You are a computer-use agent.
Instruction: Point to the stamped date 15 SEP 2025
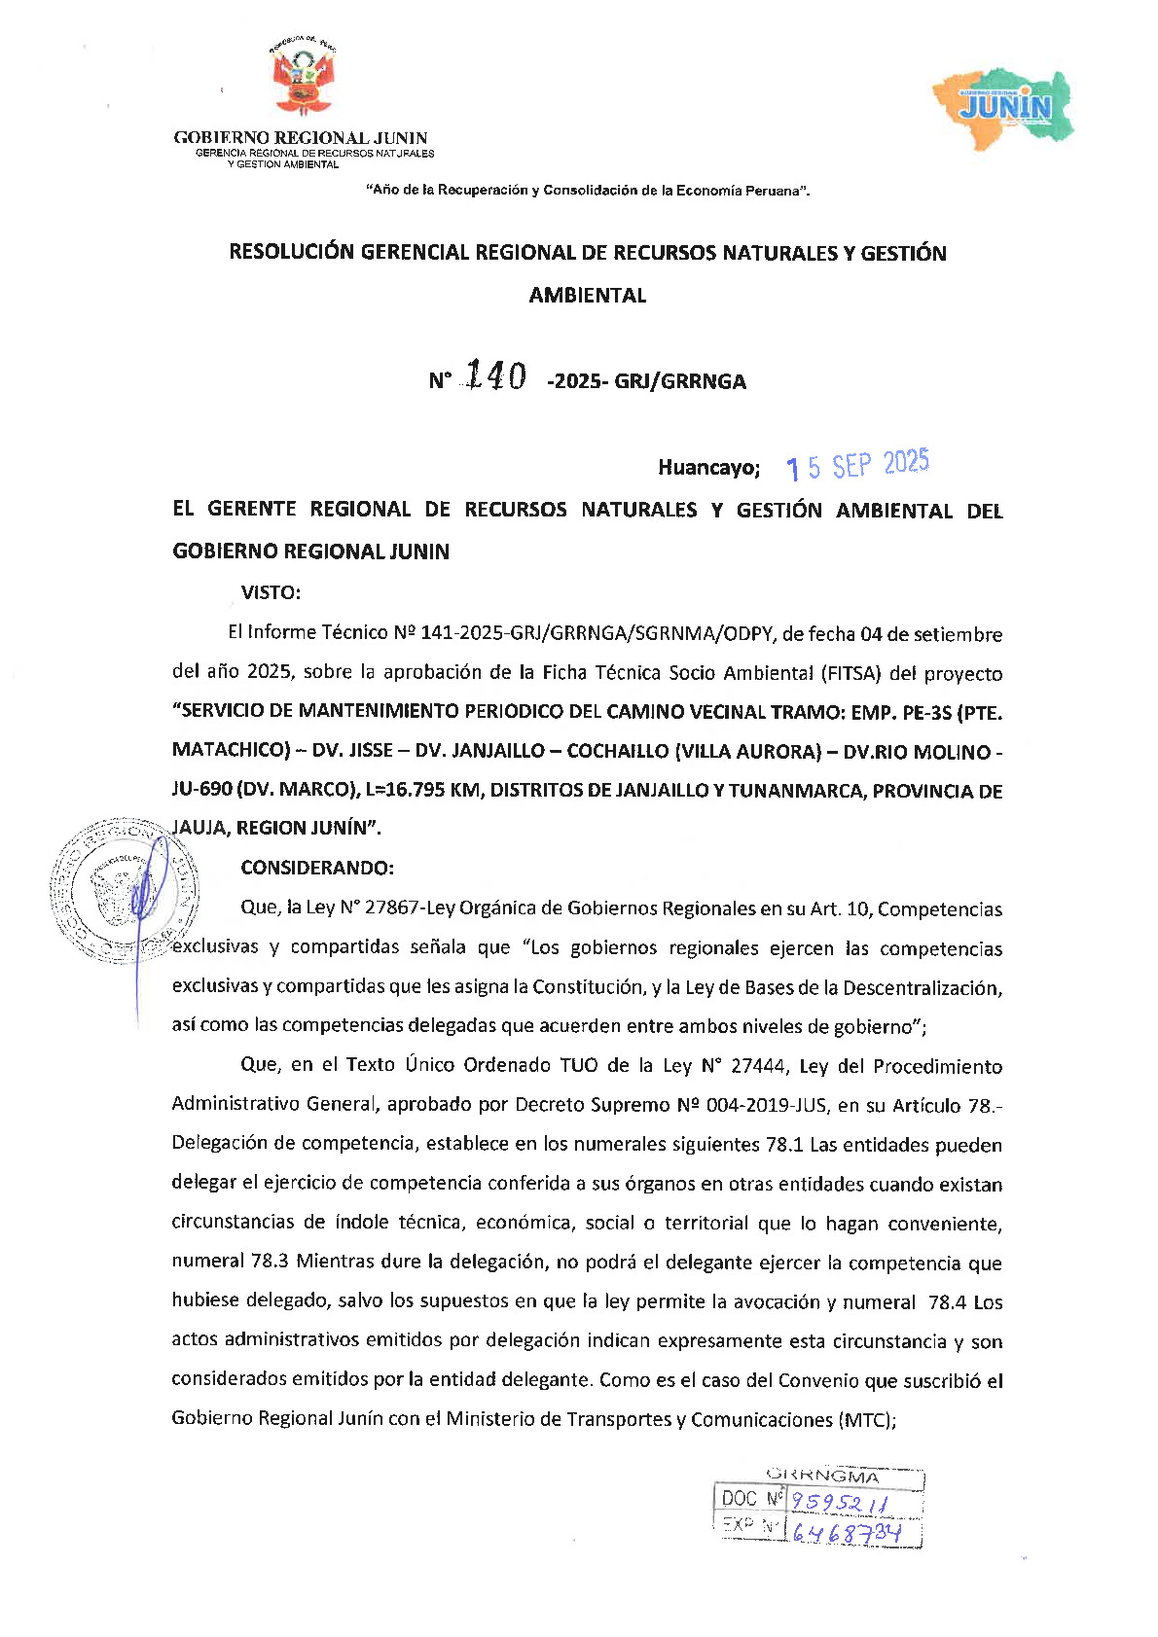857,466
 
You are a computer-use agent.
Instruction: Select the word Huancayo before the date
707,468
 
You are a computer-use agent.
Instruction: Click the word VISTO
271,592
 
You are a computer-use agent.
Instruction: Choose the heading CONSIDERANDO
317,868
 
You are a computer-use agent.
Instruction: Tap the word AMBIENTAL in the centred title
588,296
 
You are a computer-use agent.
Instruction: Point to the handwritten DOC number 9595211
839,1503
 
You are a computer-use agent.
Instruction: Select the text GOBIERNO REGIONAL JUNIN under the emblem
301,138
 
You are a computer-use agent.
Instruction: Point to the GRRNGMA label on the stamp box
822,1477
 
